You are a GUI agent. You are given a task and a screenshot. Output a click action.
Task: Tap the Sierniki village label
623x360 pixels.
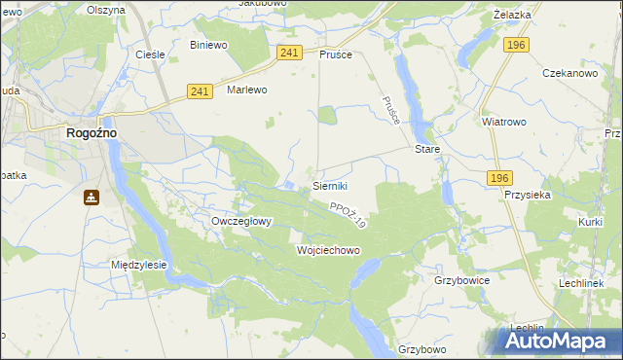click(x=330, y=185)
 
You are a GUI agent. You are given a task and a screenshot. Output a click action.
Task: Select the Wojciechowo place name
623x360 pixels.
click(x=328, y=250)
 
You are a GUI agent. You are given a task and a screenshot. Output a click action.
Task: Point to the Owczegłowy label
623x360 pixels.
click(x=241, y=221)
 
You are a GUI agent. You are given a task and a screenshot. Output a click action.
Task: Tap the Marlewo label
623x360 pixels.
click(x=246, y=90)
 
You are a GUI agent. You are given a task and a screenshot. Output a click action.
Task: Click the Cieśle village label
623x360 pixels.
click(x=149, y=54)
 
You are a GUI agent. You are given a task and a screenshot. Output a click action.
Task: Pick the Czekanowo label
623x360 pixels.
click(x=569, y=73)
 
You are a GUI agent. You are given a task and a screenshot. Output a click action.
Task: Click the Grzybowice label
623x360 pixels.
click(x=461, y=279)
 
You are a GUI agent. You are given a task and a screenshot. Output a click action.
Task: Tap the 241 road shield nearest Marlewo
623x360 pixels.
click(x=200, y=91)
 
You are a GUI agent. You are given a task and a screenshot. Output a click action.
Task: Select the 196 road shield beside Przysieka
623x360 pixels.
click(x=499, y=177)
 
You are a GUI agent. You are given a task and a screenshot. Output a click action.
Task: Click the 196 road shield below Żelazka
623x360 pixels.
click(x=516, y=45)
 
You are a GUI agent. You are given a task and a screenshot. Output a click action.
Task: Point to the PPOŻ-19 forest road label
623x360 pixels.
click(x=348, y=215)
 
